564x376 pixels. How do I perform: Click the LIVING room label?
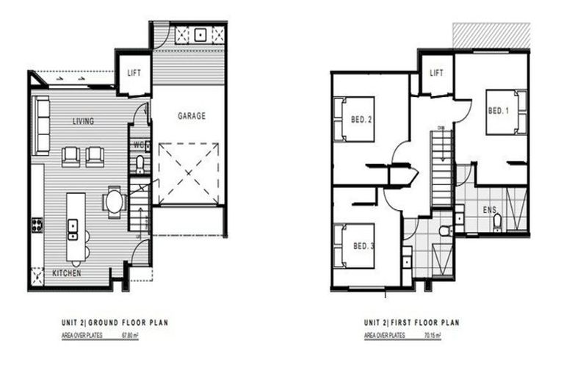(83, 121)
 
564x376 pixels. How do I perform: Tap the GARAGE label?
(192, 116)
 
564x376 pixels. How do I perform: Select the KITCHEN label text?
(66, 274)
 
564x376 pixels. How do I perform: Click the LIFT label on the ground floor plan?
(134, 73)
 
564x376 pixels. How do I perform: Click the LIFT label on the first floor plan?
(436, 73)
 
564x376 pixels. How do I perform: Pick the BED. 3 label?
(364, 246)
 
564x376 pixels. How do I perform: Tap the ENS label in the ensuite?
(489, 210)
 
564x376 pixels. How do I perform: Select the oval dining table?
(115, 202)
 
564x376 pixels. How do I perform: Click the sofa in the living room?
(41, 125)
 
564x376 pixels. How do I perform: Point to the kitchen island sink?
(73, 229)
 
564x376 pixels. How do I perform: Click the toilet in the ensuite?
(497, 222)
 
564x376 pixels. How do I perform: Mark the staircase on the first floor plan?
(441, 169)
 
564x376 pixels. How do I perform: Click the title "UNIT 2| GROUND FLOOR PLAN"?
(117, 322)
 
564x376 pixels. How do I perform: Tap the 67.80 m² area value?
(130, 336)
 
